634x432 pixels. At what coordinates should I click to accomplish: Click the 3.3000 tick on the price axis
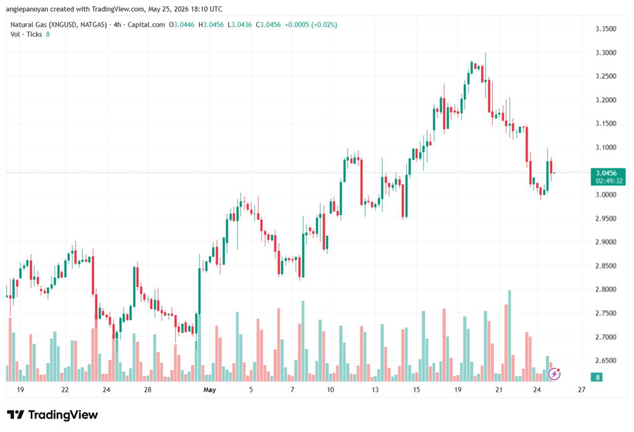(606, 53)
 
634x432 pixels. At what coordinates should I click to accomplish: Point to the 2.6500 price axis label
(606, 360)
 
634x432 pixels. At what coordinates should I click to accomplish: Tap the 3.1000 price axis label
(606, 147)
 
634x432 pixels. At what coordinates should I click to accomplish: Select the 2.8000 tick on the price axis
(606, 290)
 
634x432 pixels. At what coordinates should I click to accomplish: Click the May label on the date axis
(209, 390)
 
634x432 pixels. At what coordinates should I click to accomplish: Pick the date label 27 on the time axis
(581, 390)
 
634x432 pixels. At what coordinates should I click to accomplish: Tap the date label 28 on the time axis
(147, 390)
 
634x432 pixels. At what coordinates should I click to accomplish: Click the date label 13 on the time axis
(375, 390)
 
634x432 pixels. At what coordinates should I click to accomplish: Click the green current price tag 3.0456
(606, 173)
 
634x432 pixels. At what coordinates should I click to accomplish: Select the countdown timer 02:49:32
(609, 181)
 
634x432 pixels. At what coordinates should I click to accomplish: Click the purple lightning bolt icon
(554, 374)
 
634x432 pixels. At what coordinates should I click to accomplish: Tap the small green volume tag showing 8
(597, 378)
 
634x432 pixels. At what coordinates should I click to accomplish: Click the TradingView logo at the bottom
(53, 415)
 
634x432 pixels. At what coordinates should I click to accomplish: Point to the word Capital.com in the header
(146, 25)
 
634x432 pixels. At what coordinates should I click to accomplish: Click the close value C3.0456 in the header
(268, 25)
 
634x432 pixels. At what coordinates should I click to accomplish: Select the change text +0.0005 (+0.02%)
(311, 25)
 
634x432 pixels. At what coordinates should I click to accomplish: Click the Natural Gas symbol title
(59, 25)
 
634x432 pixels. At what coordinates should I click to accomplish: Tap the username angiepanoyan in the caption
(27, 9)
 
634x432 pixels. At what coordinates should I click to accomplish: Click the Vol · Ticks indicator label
(26, 35)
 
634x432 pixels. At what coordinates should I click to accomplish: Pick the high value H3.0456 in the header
(211, 25)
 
